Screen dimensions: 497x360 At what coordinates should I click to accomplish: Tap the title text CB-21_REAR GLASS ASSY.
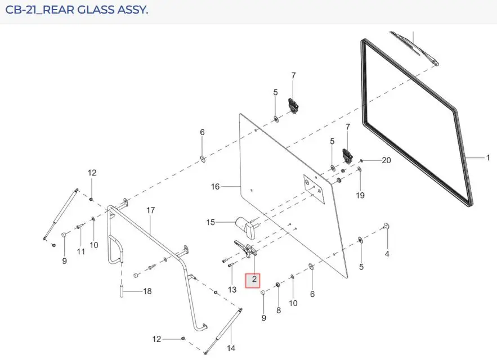tap(77, 10)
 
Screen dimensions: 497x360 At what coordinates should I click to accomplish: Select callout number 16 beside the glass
tap(215, 187)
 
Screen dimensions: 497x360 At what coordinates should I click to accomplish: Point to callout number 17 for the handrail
tap(150, 210)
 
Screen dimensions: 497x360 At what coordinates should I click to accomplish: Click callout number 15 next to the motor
tap(211, 222)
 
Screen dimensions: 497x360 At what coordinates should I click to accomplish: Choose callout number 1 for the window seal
tap(488, 157)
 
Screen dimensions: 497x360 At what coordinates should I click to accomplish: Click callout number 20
tap(386, 160)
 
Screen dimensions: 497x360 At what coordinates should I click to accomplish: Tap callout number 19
tap(360, 195)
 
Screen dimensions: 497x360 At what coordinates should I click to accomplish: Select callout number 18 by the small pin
tap(147, 291)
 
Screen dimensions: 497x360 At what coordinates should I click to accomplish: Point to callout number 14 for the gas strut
tap(231, 348)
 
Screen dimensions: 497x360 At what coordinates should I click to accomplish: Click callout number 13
tap(232, 289)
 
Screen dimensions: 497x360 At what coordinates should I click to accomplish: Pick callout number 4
tap(387, 254)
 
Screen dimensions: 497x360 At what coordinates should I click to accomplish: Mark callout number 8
tap(278, 310)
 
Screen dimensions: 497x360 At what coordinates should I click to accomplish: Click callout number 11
tap(81, 251)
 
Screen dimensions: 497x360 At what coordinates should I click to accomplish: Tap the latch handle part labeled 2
tap(245, 250)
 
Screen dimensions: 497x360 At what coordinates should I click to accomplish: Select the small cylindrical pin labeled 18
tap(122, 291)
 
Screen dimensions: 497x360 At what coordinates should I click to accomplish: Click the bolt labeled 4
tap(386, 226)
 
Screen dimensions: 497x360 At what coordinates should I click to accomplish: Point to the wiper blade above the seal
tap(415, 48)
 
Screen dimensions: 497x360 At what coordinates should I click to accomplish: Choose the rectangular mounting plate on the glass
tap(314, 189)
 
